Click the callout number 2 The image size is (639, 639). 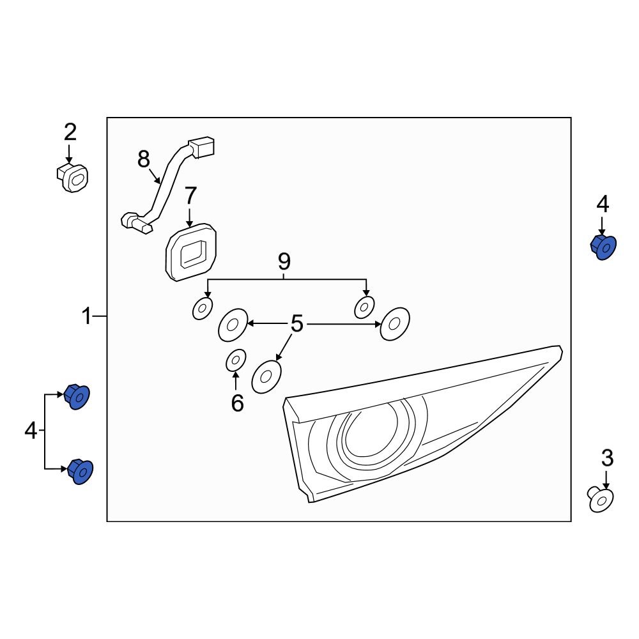pyautogui.click(x=70, y=132)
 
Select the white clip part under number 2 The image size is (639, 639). pyautogui.click(x=72, y=178)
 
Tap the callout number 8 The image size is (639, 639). pyautogui.click(x=143, y=158)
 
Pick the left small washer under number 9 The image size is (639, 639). pyautogui.click(x=202, y=309)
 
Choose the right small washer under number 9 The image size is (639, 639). pyautogui.click(x=364, y=307)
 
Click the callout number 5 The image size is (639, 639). pyautogui.click(x=296, y=324)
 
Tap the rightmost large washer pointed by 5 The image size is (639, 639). pyautogui.click(x=394, y=324)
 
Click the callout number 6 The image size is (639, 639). pyautogui.click(x=237, y=403)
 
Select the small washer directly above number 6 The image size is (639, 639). pyautogui.click(x=235, y=361)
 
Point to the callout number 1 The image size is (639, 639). pyautogui.click(x=87, y=316)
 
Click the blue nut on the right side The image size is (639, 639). pyautogui.click(x=602, y=247)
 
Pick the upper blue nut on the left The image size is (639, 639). pyautogui.click(x=77, y=397)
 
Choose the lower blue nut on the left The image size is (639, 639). pyautogui.click(x=78, y=472)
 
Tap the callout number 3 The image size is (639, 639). pyautogui.click(x=607, y=458)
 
